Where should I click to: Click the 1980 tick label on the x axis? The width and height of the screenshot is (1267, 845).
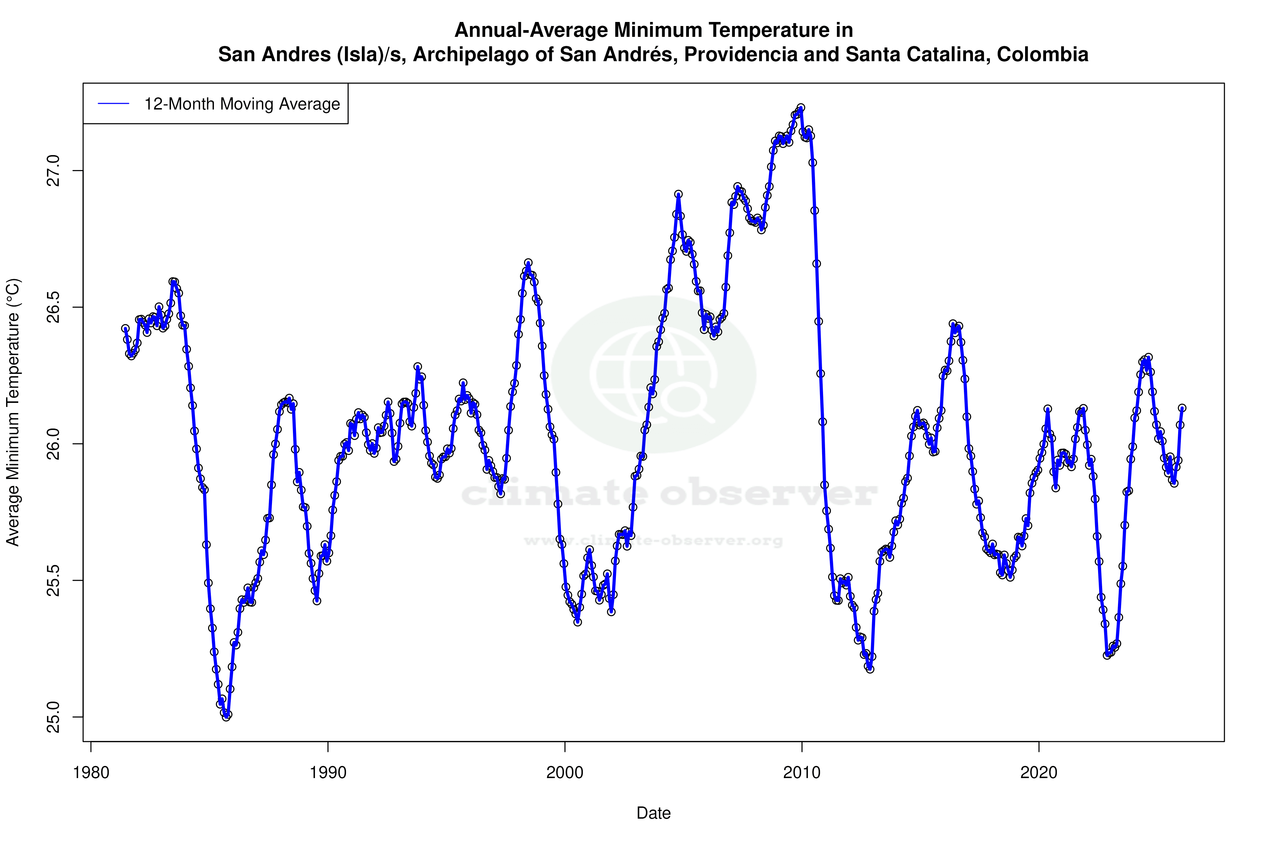point(91,772)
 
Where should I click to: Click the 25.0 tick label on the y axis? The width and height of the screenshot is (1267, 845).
point(53,717)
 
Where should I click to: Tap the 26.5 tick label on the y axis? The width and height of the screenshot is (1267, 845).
point(53,307)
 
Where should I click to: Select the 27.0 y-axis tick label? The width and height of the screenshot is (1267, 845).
point(53,171)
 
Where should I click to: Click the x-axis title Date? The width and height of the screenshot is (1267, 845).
point(653,813)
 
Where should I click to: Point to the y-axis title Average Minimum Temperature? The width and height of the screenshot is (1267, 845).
point(13,412)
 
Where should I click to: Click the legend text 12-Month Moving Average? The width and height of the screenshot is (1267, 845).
point(242,104)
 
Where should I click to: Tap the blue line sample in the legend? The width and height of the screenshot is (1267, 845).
point(114,104)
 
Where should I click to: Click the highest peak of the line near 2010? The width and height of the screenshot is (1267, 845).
point(800,108)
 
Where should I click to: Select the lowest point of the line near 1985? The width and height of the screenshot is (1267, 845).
point(226,717)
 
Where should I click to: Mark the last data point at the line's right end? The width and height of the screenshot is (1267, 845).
point(1182,408)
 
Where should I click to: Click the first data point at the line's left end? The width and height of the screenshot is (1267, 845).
point(125,328)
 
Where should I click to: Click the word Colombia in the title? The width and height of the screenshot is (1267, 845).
point(1042,54)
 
